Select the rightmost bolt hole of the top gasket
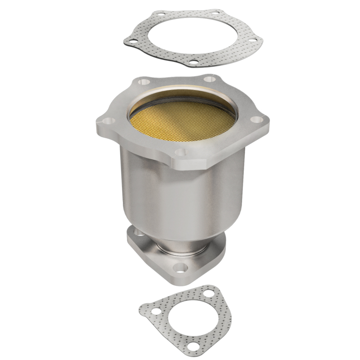(254, 41)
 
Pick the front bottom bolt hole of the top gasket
(193, 62)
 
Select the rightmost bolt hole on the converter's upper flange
(256, 120)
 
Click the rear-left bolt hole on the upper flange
(144, 82)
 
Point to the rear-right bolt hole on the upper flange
(208, 80)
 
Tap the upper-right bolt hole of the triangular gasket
(209, 293)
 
